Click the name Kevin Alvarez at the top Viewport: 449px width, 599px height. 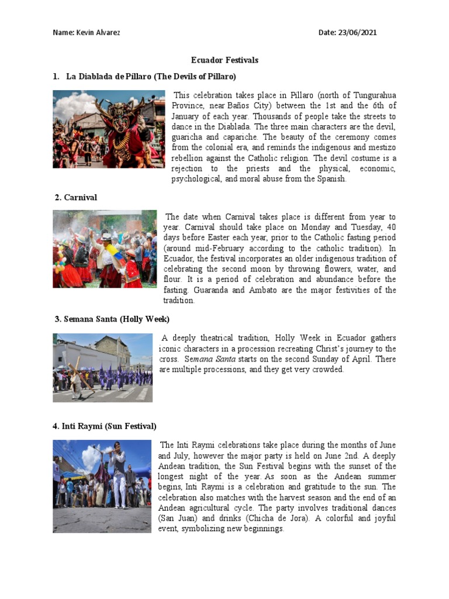[102, 33]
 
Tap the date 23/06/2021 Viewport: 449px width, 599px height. [357, 33]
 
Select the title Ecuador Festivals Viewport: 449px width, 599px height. [225, 60]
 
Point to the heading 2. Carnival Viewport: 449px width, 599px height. [75, 198]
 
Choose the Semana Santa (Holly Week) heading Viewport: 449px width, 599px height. [112, 319]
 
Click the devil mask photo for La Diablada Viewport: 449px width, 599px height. [109, 129]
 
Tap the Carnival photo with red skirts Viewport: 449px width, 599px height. [105, 249]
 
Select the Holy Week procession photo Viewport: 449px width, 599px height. [102, 368]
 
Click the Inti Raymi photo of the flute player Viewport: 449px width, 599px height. [102, 486]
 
